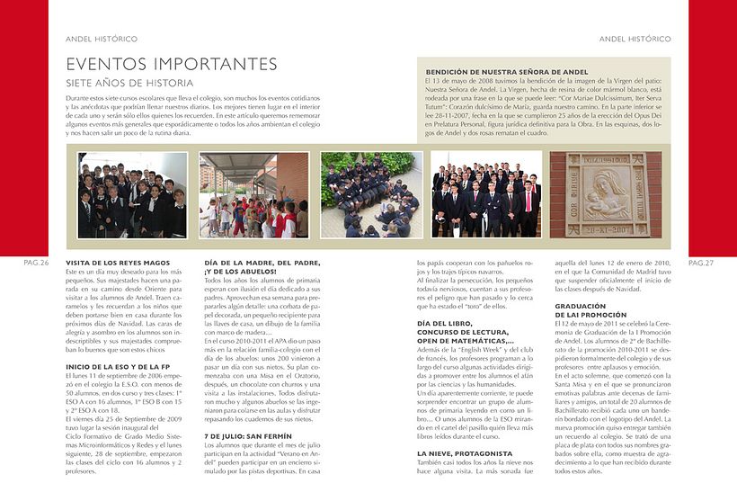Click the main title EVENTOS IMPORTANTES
tap(172, 64)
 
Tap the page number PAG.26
tap(36, 263)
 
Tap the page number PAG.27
tap(700, 263)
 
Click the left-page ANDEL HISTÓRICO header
tap(102, 40)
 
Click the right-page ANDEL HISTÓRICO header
tap(635, 40)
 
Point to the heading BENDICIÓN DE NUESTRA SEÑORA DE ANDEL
tap(507, 71)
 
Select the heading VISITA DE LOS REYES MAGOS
tap(119, 262)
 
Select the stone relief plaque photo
tap(604, 194)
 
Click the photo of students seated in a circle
tap(371, 194)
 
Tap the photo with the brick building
tap(251, 194)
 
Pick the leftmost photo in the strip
tap(132, 194)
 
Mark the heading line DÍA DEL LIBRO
tap(446, 322)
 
